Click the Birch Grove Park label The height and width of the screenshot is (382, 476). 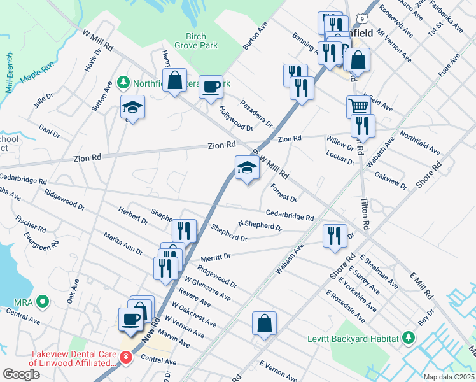[200, 41]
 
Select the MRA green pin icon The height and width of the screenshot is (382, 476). [43, 301]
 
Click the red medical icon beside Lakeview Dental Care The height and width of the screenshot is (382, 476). [126, 358]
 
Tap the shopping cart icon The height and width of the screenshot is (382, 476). [358, 106]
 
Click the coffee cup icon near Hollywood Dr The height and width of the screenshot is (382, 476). [211, 87]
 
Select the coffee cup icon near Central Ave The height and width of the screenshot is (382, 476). [131, 319]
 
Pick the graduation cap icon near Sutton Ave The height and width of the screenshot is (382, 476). [133, 106]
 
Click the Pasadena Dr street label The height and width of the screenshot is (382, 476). [256, 113]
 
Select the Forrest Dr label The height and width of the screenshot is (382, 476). [284, 192]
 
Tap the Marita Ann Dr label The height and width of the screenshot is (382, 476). [123, 243]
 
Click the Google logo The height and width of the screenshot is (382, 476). [21, 374]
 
